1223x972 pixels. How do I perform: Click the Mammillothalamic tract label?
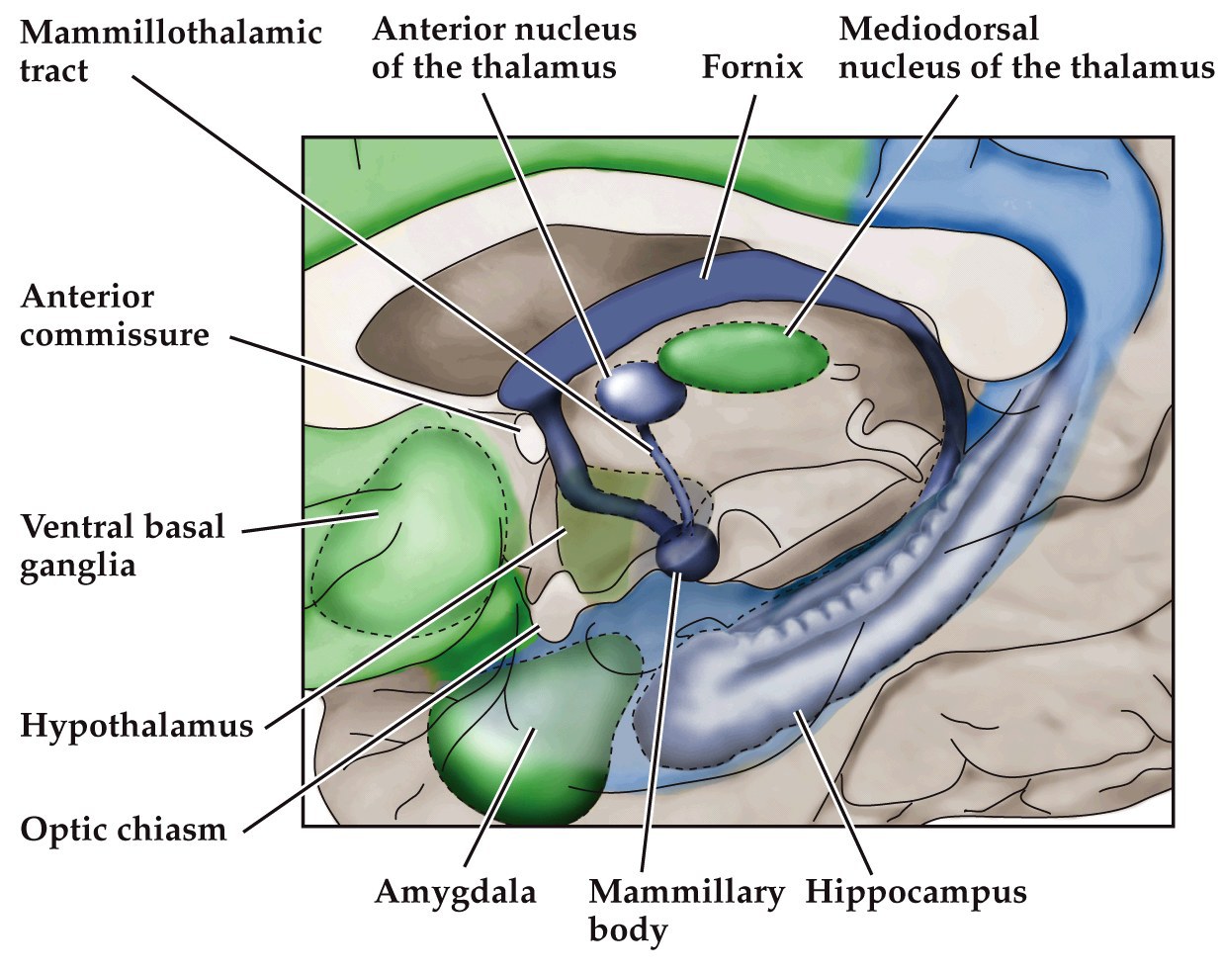tap(170, 51)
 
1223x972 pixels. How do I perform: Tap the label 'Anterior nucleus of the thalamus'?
tap(503, 47)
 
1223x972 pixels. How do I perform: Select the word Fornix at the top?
tap(751, 66)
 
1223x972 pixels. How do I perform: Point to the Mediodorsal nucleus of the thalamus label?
tap(1025, 47)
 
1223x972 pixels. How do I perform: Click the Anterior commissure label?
tap(115, 315)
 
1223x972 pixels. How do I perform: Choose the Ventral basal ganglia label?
tap(123, 545)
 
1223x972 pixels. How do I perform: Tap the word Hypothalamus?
tap(136, 726)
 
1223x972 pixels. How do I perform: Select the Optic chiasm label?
tap(124, 829)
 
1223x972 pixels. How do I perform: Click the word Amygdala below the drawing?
tap(455, 892)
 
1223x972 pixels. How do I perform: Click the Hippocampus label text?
tap(916, 892)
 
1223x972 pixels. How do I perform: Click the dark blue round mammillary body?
tap(686, 551)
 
